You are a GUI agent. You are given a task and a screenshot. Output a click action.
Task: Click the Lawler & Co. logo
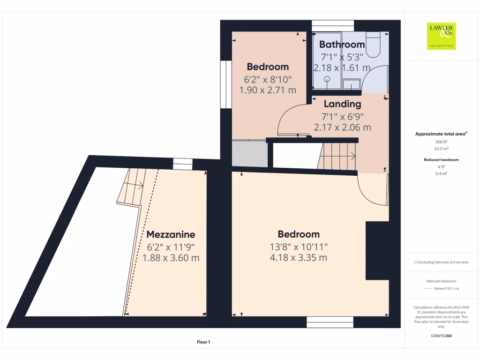pyautogui.click(x=441, y=36)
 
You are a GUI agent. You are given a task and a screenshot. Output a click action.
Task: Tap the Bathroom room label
pyautogui.click(x=342, y=45)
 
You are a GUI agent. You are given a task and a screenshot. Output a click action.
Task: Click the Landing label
pyautogui.click(x=342, y=104)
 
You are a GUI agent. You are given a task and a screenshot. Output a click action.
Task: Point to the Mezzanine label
pyautogui.click(x=171, y=234)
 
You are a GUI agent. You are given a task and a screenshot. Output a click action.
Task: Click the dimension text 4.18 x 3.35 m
pyautogui.click(x=299, y=258)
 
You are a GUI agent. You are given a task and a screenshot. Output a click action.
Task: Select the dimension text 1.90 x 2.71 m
pyautogui.click(x=268, y=90)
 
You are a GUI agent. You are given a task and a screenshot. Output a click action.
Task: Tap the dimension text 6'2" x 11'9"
pyautogui.click(x=171, y=247)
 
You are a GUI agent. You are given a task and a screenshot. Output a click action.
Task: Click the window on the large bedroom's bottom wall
pyautogui.click(x=330, y=322)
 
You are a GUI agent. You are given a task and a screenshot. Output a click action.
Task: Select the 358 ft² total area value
pyautogui.click(x=441, y=141)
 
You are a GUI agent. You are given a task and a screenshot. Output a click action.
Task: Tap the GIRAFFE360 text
pyautogui.click(x=441, y=336)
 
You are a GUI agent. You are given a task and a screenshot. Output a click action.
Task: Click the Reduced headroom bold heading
pyautogui.click(x=441, y=160)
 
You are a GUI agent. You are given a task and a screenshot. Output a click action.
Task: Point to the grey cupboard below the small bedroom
pyautogui.click(x=249, y=153)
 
